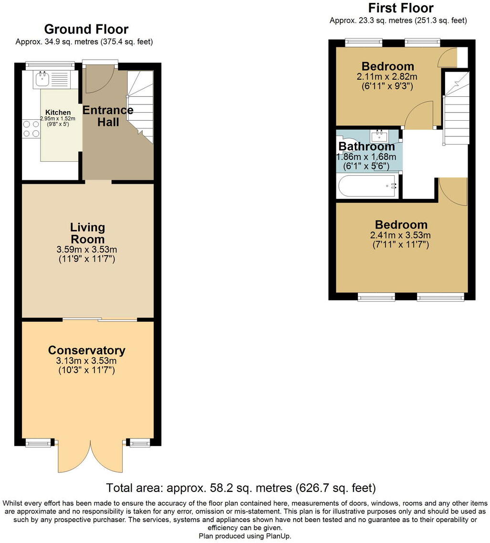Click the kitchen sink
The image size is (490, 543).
pos(52,79)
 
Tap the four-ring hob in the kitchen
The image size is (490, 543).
pos(31,128)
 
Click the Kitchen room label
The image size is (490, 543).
pos(58,112)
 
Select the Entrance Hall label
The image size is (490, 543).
pos(108,116)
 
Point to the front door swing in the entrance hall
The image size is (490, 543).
pos(99,79)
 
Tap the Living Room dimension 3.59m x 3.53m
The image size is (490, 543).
pos(86,250)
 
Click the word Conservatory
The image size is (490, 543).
pos(86,350)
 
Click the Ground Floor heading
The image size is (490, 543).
pos(86,29)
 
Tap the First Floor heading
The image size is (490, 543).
pos(401,8)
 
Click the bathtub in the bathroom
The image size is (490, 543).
pos(367,186)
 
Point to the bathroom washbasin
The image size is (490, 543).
pos(379,136)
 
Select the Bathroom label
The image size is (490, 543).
pos(366,146)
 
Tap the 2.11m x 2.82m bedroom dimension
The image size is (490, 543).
pos(387,76)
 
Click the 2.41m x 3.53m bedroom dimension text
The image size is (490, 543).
pos(401,235)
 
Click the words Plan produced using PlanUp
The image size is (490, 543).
pos(245,536)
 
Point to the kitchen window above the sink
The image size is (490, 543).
pos(50,64)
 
